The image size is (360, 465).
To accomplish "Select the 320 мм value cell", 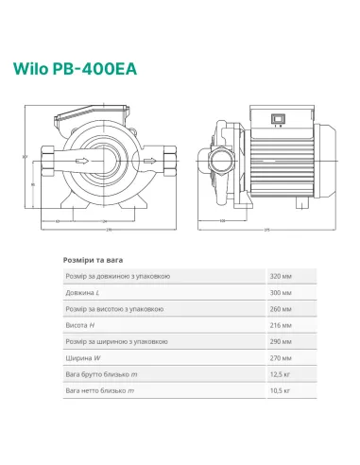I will click(281, 276).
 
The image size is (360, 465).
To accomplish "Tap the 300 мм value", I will click(281, 294).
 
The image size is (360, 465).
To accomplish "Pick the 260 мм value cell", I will click(281, 310).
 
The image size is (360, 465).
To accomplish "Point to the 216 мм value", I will click(281, 326).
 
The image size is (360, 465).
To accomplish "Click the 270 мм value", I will click(281, 359).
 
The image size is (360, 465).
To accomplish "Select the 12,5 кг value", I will click(281, 375).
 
